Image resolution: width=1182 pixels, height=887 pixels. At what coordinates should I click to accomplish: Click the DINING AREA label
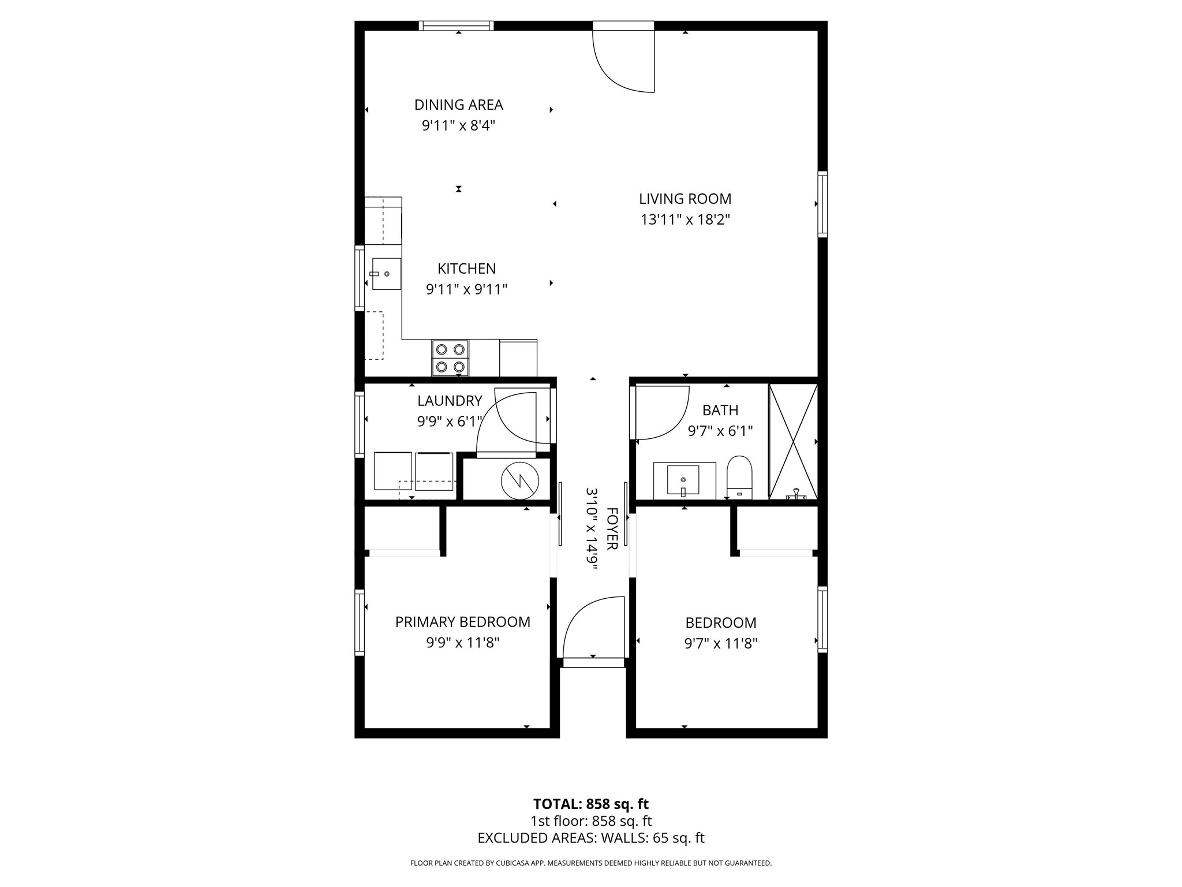[x=458, y=105]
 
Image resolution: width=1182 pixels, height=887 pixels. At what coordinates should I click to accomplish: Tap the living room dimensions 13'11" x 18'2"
[x=685, y=220]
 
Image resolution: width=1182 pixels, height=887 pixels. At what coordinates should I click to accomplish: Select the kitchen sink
[x=386, y=274]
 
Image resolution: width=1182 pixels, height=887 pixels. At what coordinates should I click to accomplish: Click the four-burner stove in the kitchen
[x=450, y=358]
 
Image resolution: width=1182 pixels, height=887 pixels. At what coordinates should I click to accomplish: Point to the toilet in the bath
[x=739, y=477]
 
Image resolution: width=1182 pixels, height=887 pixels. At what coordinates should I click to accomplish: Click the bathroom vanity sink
[x=683, y=480]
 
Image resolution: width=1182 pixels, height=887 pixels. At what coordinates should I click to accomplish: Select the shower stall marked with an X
[x=793, y=441]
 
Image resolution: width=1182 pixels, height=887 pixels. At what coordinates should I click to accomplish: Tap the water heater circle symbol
[x=519, y=480]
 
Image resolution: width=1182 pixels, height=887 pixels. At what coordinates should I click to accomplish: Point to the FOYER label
[x=612, y=528]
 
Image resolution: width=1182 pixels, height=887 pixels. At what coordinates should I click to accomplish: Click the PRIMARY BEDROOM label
[x=462, y=622]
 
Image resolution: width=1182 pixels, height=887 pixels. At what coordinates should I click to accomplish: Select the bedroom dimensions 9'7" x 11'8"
[x=720, y=643]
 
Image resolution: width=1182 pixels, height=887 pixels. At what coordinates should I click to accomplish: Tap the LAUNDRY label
[x=450, y=401]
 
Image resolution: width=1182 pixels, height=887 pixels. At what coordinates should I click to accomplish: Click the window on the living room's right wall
[x=822, y=204]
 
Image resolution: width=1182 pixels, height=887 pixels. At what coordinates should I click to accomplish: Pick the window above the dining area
[x=456, y=25]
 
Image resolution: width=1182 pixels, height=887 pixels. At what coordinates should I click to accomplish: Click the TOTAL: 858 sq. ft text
[x=590, y=804]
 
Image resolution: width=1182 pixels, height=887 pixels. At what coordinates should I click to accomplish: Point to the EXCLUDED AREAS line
[x=590, y=838]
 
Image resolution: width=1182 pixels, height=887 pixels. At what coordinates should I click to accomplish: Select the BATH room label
[x=720, y=411]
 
